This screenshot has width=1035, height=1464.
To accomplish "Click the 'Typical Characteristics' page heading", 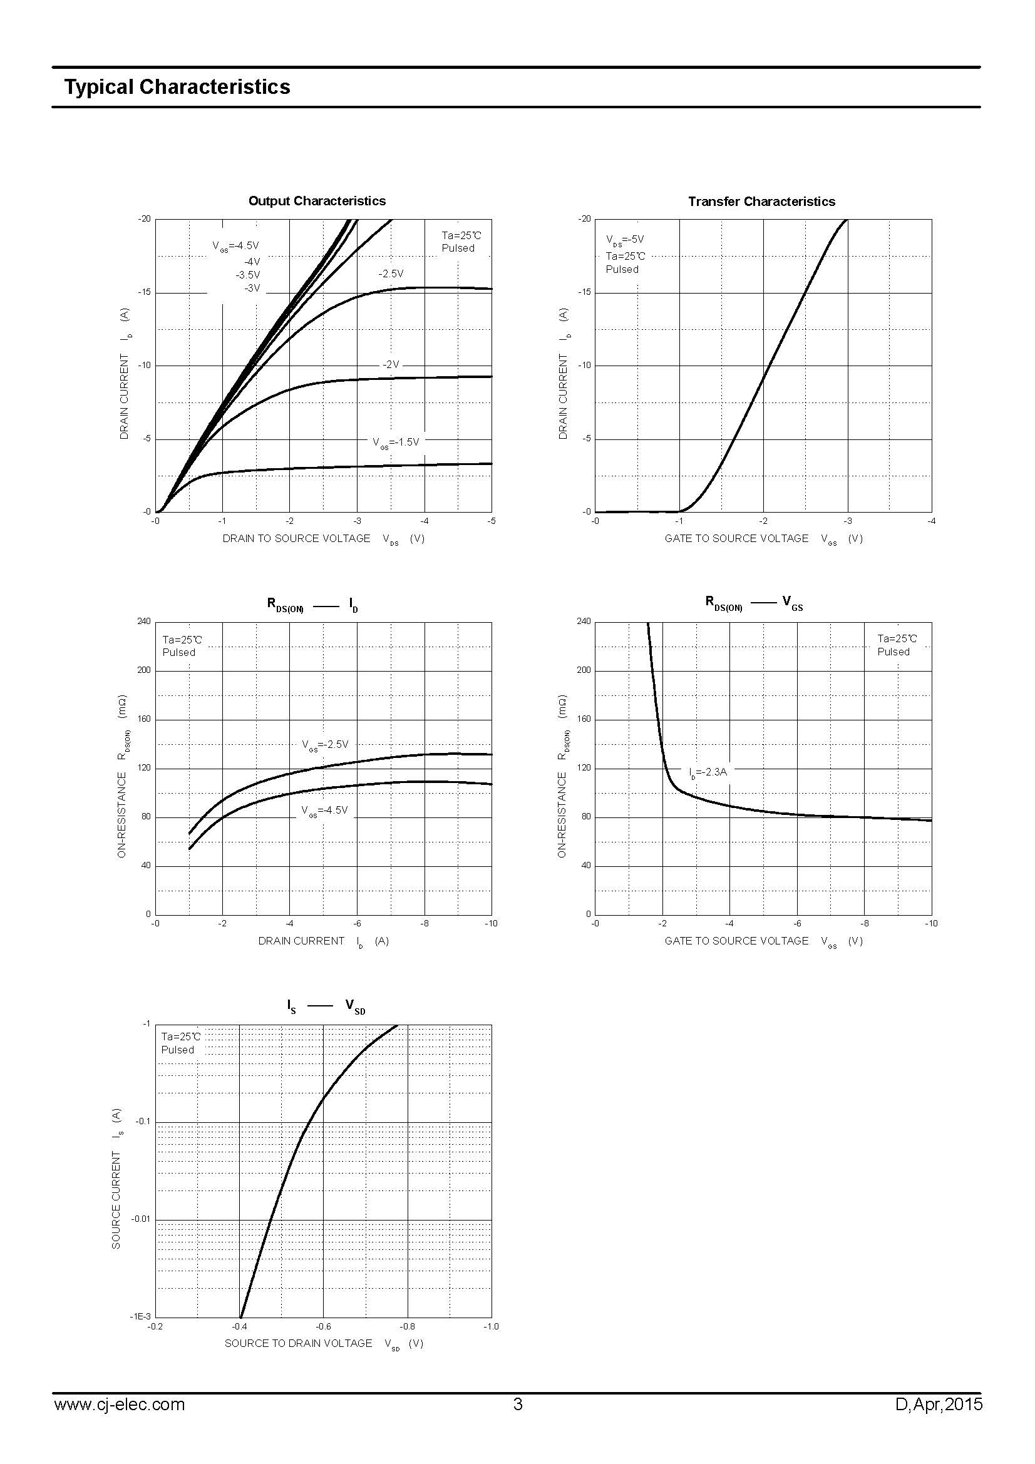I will click(177, 87).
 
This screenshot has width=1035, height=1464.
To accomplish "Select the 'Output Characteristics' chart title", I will click(317, 201).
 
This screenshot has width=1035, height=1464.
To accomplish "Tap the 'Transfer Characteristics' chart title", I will click(761, 202).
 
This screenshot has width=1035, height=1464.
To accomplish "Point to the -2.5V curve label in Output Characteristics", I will click(390, 274).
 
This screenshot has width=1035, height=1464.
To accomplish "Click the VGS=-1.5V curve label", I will click(396, 442).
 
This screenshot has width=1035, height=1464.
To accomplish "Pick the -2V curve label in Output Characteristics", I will click(390, 365).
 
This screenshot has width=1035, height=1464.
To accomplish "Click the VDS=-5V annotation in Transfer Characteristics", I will click(625, 240).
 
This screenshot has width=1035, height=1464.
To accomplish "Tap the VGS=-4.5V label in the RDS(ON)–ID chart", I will click(324, 811).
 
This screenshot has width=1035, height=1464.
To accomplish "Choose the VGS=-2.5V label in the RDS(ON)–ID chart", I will click(325, 744).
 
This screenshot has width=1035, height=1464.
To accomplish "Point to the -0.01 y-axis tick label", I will click(141, 1219).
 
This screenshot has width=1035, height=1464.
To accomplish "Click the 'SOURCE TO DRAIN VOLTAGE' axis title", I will click(298, 1343).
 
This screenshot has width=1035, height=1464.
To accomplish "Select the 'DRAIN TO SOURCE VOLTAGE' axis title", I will click(296, 538).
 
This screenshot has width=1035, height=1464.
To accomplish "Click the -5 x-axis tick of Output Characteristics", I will click(491, 521).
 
